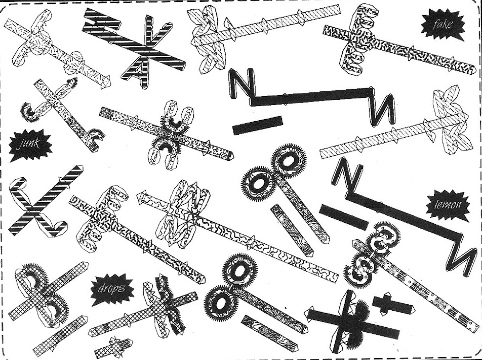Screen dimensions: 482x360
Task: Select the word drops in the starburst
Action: (111, 289)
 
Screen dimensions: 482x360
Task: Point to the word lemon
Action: (447, 205)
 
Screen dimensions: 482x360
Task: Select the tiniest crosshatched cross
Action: (114, 347)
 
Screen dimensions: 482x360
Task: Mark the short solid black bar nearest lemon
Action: (343, 217)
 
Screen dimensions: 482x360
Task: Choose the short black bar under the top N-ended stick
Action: (257, 126)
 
